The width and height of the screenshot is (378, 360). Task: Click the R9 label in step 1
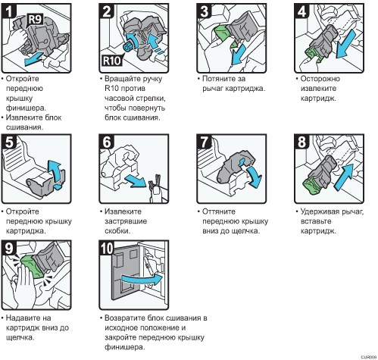click(x=35, y=19)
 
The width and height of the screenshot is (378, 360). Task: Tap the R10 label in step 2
click(x=112, y=61)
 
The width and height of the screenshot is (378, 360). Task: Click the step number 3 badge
click(x=204, y=11)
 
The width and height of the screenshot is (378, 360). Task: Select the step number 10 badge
click(x=107, y=248)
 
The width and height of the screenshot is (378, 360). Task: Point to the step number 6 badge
click(x=106, y=142)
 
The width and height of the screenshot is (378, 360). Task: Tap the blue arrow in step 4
click(x=346, y=44)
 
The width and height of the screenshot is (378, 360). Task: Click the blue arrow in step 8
click(x=344, y=177)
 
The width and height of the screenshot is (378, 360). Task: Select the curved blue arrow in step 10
click(x=142, y=279)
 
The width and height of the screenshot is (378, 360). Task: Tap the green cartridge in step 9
click(x=32, y=266)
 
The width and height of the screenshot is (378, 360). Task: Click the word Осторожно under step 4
click(x=320, y=79)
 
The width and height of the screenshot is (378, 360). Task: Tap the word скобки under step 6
click(x=117, y=231)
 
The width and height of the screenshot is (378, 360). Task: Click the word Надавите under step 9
click(x=28, y=318)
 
